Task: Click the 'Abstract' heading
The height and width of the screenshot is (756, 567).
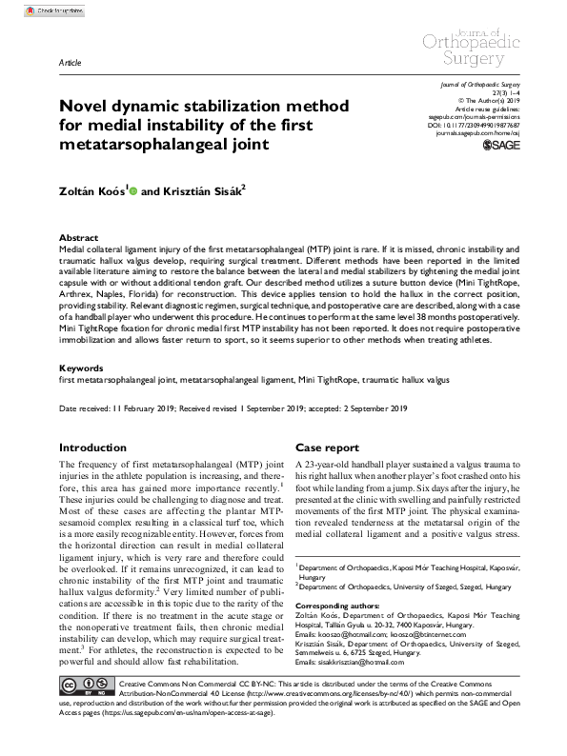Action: pyautogui.click(x=78, y=237)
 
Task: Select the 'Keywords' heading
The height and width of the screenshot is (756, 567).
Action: pyautogui.click(x=80, y=367)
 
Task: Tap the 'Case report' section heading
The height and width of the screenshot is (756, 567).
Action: pyautogui.click(x=327, y=447)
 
